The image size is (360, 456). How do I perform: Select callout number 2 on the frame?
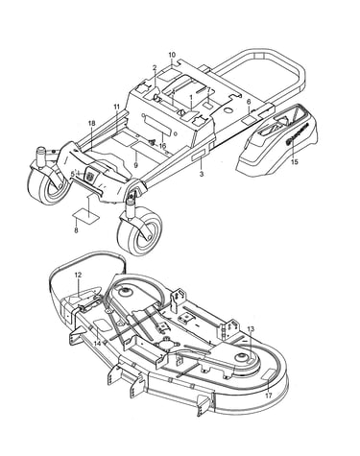tap(155, 67)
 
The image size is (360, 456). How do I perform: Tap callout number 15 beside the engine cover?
tap(295, 161)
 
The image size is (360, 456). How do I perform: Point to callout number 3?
tap(202, 174)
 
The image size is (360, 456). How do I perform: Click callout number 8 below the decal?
tap(76, 230)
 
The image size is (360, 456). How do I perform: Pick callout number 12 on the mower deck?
tap(78, 275)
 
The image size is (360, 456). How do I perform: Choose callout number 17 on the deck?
tap(269, 396)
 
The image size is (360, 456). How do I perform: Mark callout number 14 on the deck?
tap(98, 344)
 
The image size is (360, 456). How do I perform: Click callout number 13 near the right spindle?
tap(251, 329)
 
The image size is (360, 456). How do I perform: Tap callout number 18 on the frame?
tap(92, 124)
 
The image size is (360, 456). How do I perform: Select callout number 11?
tap(116, 107)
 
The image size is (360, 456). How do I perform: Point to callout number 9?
tap(135, 165)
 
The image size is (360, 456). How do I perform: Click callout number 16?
tap(162, 146)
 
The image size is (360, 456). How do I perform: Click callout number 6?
tap(249, 102)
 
